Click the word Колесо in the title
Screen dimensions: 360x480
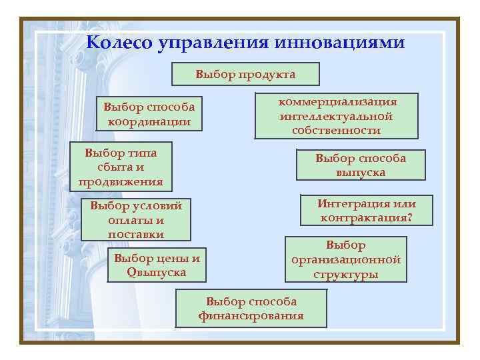[x=119, y=43]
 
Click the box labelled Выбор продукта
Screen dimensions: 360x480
[x=245, y=74]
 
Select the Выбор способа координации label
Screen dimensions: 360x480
[x=149, y=114]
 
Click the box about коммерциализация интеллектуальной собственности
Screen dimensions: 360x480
[x=337, y=116]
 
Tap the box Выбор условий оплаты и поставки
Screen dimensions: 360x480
[x=136, y=219]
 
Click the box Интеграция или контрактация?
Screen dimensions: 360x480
[x=367, y=211]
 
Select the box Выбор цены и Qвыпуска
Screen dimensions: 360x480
[x=157, y=265]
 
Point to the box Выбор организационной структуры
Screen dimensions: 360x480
[x=345, y=259]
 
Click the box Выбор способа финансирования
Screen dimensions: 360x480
[x=251, y=308]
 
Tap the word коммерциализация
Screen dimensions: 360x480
[x=337, y=102]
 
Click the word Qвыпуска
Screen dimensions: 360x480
[x=157, y=273]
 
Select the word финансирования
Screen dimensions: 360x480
[x=251, y=315]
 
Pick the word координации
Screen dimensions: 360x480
[x=149, y=121]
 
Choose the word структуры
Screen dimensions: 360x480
[x=345, y=274]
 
